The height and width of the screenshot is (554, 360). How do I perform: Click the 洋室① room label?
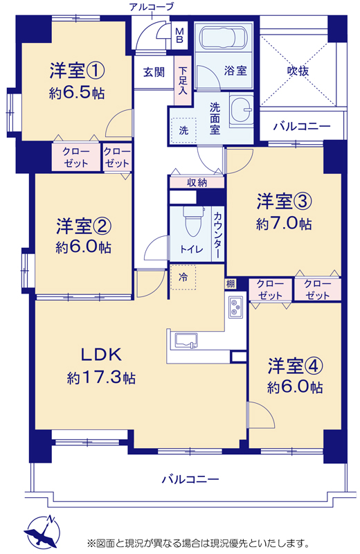point(77,71)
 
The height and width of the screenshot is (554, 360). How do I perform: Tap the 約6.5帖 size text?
point(77,93)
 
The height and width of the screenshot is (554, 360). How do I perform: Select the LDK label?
point(101,355)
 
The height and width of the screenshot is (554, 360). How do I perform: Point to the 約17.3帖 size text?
point(101,377)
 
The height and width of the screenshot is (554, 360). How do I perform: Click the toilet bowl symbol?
point(193,221)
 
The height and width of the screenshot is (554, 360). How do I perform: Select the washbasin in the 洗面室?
point(242,110)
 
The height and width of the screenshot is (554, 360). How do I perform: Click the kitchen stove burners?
point(235,307)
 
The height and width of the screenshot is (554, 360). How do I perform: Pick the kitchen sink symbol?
point(186,341)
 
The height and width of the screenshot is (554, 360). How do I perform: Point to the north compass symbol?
point(42,531)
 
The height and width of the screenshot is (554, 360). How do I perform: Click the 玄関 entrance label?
point(154,73)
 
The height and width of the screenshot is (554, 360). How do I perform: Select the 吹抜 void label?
point(298,71)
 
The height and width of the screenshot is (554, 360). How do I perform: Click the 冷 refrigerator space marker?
point(183,278)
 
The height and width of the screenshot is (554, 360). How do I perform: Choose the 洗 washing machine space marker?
point(183,130)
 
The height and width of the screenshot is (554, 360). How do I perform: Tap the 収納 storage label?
point(197,183)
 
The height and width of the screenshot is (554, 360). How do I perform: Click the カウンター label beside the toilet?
point(218,234)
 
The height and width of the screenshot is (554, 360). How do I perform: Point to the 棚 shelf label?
point(231,283)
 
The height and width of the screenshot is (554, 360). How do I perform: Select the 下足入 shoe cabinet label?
point(182,80)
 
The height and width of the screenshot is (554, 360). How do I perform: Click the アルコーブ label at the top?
point(152,6)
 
